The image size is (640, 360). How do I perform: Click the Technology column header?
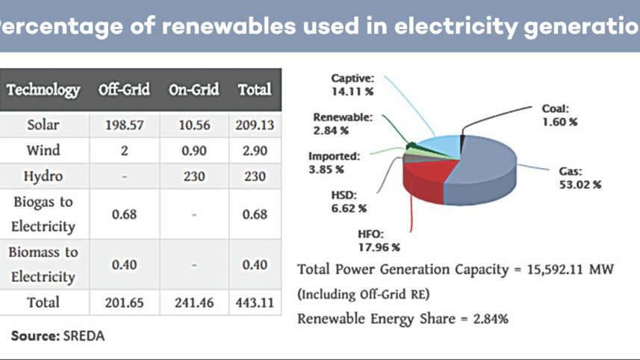(x=43, y=90)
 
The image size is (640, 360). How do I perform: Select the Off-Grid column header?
(x=124, y=90)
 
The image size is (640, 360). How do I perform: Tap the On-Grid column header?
(x=193, y=90)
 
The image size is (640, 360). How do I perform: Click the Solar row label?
(x=43, y=125)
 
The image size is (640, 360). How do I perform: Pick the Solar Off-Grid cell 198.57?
(x=124, y=125)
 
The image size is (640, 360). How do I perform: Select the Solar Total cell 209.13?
(x=255, y=125)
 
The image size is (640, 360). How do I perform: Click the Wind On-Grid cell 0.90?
(x=193, y=151)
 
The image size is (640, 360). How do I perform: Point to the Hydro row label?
(x=43, y=176)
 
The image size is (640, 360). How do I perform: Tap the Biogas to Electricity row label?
(x=43, y=214)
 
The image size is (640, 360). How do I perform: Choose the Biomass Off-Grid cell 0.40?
(x=124, y=264)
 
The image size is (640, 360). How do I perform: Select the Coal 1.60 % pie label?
(x=559, y=115)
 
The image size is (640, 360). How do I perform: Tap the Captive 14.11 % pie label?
(x=353, y=84)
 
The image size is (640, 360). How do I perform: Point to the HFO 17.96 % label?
(x=379, y=240)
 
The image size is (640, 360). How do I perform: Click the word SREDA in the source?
(x=84, y=336)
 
